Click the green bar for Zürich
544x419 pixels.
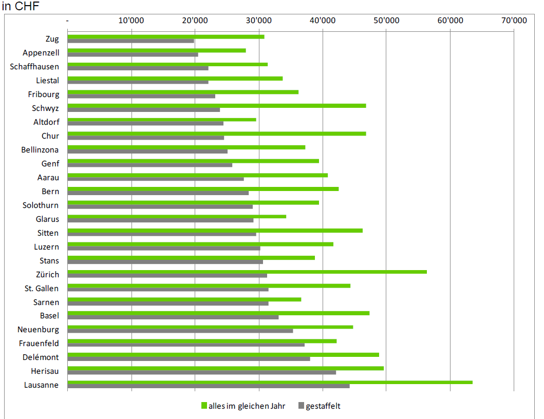point(247,272)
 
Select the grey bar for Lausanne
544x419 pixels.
point(209,386)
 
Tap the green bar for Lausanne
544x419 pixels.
point(270,382)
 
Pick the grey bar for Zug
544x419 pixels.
point(131,41)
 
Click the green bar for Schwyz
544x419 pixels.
point(217,105)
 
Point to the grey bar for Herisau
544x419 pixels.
point(202,372)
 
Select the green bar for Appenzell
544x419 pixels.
point(157,50)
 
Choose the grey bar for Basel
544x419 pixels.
point(173,317)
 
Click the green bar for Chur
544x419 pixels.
point(217,133)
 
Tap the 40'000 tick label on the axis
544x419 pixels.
point(322,21)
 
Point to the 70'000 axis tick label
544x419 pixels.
point(514,21)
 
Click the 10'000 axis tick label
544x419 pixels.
point(131,21)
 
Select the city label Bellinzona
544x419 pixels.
point(40,150)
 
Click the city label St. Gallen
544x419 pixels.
point(42,289)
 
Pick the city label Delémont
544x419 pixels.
point(41,357)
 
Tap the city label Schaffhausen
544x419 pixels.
point(34,67)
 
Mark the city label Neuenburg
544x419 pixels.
point(38,330)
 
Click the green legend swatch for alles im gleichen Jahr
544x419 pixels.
point(204,406)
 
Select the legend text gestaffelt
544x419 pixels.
point(323,406)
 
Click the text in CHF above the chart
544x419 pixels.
point(21,6)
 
